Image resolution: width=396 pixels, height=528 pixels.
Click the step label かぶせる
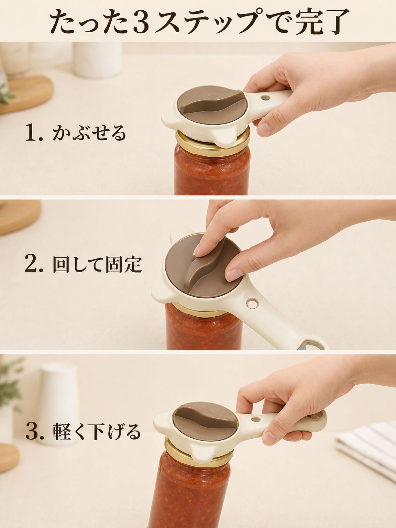[x=89, y=133]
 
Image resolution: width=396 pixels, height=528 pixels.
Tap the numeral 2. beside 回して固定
[x=34, y=264]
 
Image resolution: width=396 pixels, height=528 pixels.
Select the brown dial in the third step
[x=206, y=420]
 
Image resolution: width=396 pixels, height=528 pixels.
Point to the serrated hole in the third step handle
[x=254, y=419]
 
